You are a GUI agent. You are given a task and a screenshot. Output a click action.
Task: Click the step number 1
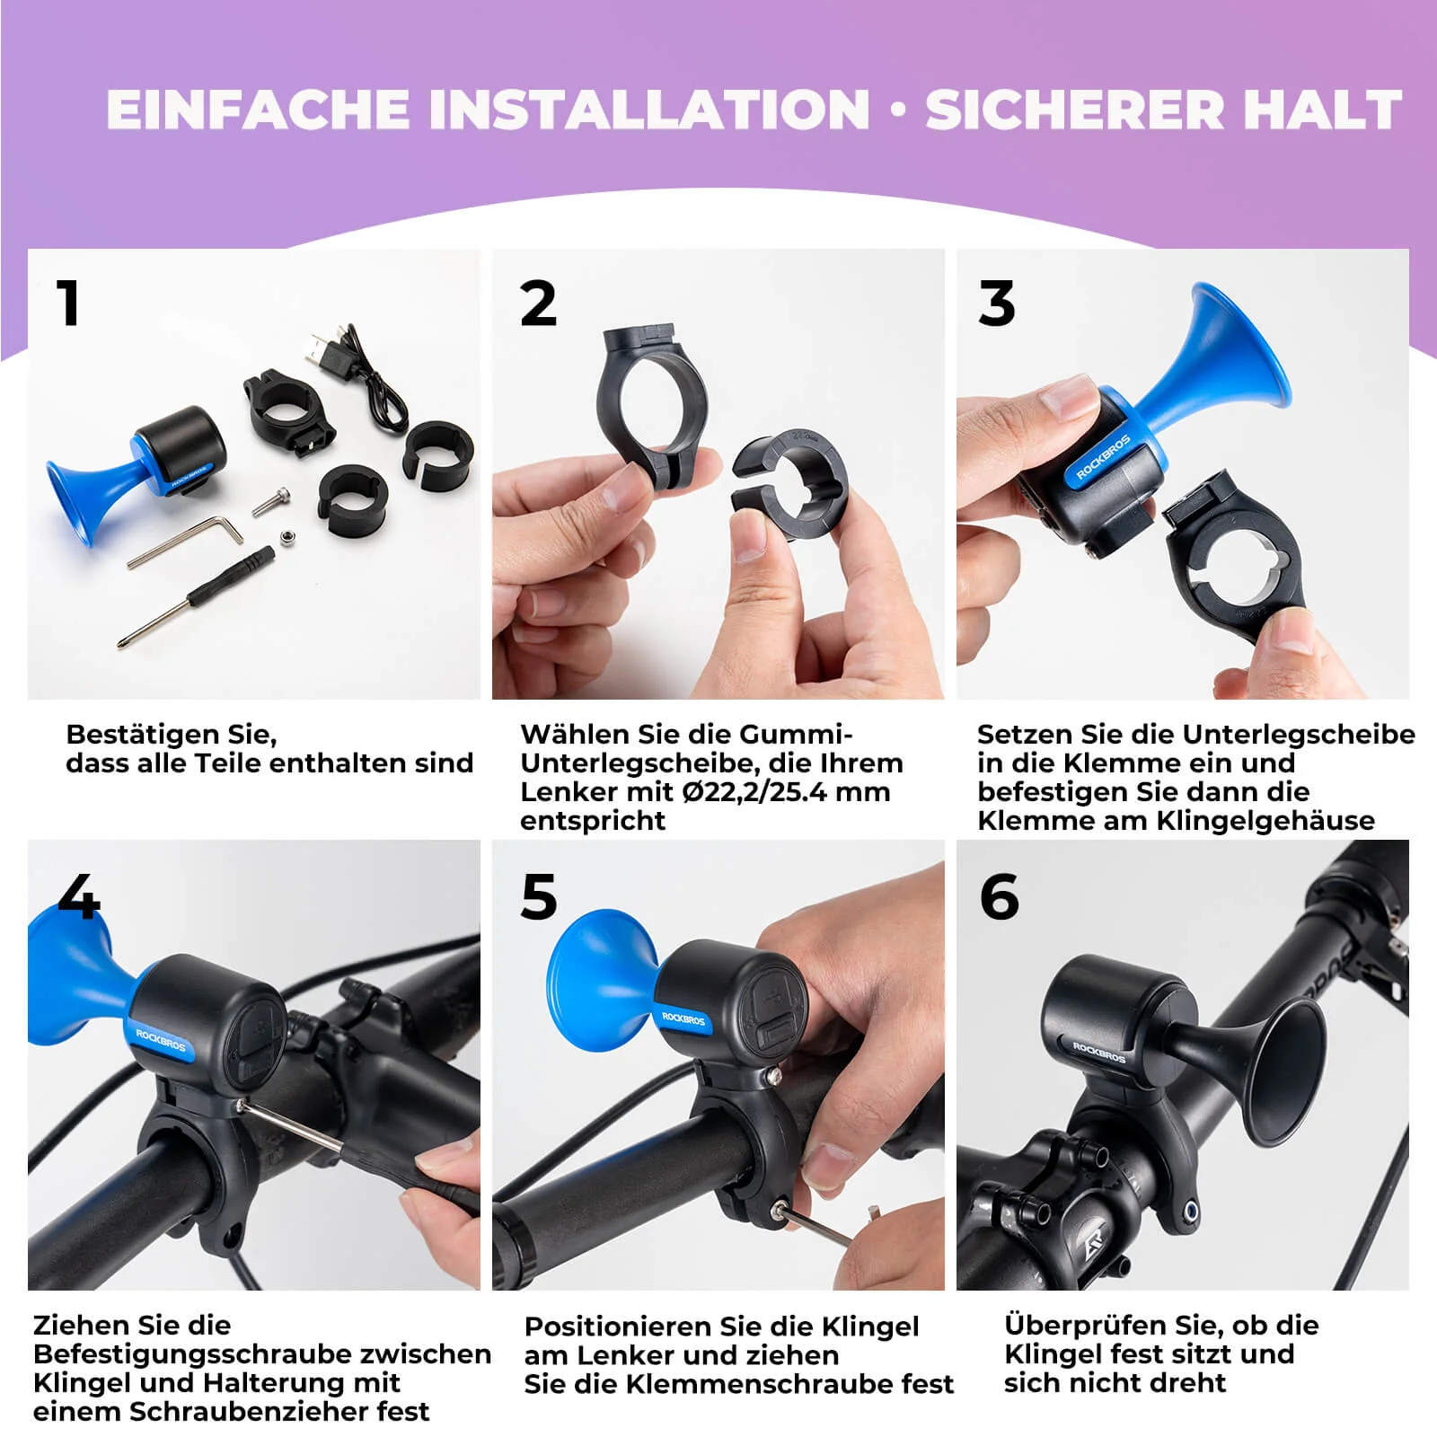[68, 303]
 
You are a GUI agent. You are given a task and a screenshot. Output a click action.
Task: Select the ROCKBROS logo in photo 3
[1103, 459]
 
